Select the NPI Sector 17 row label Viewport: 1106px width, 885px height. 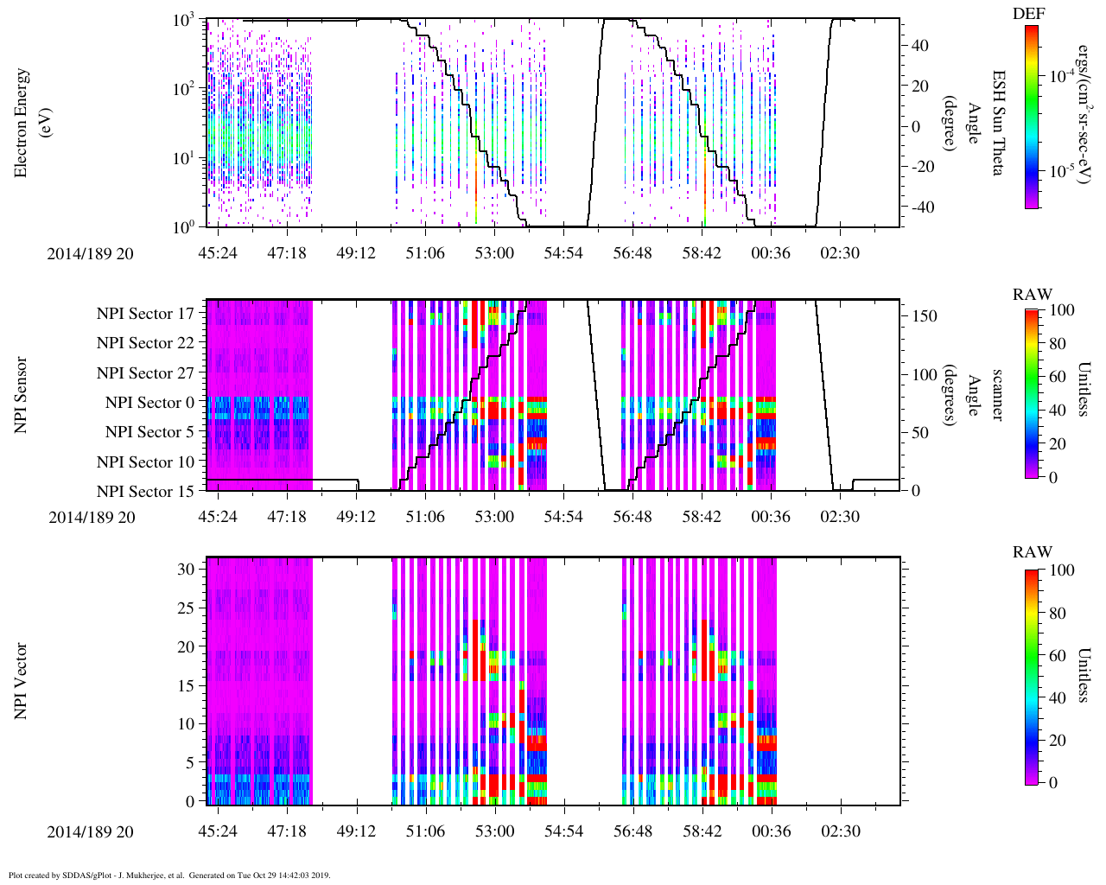(145, 314)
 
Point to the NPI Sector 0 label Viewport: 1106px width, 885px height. (149, 403)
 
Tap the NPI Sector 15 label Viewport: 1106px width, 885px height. (145, 492)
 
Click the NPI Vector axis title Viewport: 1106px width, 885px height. (21, 681)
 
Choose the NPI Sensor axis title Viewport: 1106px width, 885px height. (21, 395)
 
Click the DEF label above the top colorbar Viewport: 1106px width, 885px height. (1028, 14)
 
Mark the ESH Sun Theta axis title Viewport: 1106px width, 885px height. (997, 123)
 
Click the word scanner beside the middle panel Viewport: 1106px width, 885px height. (997, 395)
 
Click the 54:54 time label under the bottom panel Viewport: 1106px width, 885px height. (563, 831)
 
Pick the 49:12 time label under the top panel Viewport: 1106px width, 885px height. (356, 253)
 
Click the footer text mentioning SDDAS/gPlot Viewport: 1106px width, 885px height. (169, 875)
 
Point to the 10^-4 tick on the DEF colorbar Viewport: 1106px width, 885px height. (1062, 77)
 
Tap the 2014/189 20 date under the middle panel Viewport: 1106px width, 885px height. (91, 517)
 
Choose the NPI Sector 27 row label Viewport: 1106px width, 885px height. (145, 373)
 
